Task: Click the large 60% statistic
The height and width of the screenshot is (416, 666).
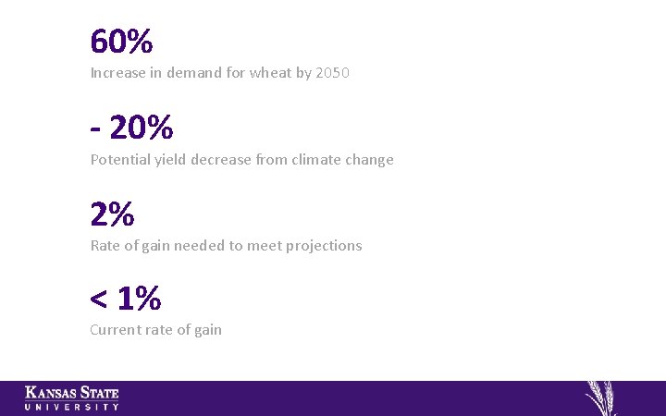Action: coord(121,42)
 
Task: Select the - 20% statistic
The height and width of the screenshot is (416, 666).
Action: coord(131,128)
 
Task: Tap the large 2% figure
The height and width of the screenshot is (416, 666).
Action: coord(112,214)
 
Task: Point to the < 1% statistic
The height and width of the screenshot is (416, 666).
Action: coord(125,299)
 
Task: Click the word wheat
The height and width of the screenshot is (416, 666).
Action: coord(270,73)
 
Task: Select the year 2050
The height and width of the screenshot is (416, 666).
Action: coord(332,73)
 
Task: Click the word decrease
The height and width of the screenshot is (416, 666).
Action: coord(220,160)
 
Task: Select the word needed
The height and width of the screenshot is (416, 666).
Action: coord(200,246)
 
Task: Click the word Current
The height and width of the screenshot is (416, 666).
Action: coord(116,330)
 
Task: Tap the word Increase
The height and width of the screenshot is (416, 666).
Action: coord(118,73)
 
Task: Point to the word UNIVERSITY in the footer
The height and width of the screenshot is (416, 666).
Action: coord(72,407)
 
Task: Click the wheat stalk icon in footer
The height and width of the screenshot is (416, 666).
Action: coord(602,398)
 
